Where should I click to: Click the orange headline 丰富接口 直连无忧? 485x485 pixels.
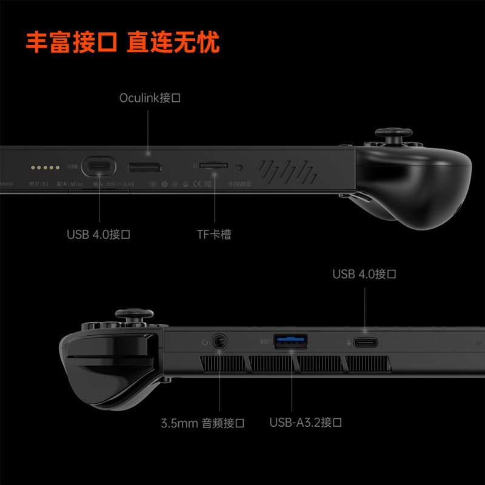point(122,43)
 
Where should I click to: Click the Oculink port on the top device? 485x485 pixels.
point(144,167)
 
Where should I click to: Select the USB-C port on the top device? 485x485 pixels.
point(99,166)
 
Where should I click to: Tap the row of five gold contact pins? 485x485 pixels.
point(45,166)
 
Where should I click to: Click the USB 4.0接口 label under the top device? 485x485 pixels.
point(99,234)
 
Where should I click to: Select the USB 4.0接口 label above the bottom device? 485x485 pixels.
point(364,274)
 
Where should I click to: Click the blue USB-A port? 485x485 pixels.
point(290,341)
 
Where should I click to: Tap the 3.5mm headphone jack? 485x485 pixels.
point(219,341)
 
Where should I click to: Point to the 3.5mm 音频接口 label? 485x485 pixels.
point(203,423)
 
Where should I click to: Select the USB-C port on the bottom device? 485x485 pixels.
point(366,343)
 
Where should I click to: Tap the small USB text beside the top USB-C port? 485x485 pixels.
point(72,166)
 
